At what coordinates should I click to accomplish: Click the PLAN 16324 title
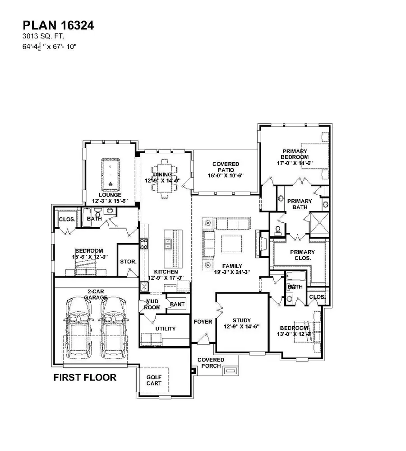click(x=58, y=26)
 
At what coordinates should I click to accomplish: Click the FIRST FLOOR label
click(x=85, y=377)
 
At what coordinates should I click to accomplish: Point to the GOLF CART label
click(x=153, y=380)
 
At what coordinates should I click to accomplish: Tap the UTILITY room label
click(x=165, y=329)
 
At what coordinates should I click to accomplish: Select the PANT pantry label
click(x=177, y=305)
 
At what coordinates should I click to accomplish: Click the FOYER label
click(x=203, y=322)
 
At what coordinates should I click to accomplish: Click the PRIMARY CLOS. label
click(x=302, y=255)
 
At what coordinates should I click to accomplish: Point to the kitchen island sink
click(x=168, y=244)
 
